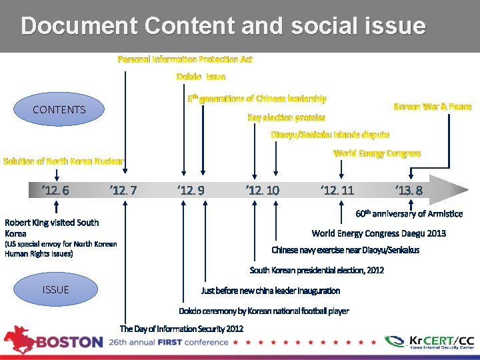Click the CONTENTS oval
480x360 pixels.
59,109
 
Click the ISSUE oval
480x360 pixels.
56,289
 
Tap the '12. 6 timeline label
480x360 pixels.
55,191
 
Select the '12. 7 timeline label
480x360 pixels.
123,191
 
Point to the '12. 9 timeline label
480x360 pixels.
191,191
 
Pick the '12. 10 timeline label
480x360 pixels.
263,191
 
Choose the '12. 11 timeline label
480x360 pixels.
337,191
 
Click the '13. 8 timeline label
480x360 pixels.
409,191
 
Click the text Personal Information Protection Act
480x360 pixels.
185,59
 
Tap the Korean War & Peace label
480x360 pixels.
433,106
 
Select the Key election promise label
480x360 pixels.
286,117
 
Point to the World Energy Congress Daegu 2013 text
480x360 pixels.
379,233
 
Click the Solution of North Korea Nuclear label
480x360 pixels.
64,161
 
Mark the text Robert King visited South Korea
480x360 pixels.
52,228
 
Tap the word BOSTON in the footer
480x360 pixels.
69,342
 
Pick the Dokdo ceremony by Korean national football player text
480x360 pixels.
264,311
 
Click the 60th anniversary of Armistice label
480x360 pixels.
409,214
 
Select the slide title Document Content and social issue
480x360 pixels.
223,26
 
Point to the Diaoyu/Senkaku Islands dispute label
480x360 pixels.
330,135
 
